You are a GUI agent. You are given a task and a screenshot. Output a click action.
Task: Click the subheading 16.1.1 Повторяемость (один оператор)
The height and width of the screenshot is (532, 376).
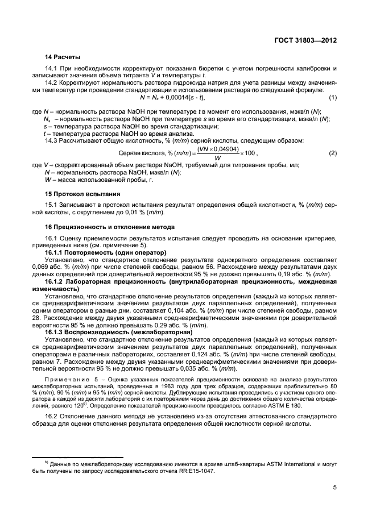[106, 251]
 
